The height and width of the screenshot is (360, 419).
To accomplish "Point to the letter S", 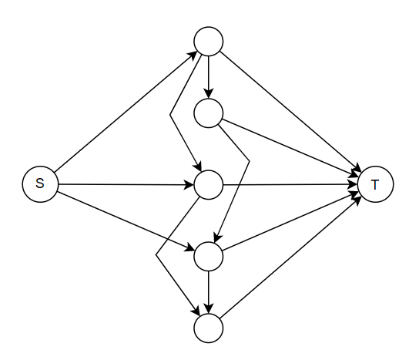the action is pos(40,183).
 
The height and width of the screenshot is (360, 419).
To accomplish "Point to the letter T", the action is pos(375,184).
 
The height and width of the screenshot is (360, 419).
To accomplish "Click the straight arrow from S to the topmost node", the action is pos(126,112).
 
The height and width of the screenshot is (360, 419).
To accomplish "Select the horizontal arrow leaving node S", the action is pos(126,184).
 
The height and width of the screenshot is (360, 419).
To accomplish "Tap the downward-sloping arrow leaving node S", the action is pos(126,221).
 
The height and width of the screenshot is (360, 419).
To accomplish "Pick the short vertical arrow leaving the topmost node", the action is pos(209,77).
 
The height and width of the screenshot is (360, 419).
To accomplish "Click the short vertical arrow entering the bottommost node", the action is pos(209,292).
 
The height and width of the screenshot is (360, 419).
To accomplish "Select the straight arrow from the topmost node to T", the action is pos(290,111).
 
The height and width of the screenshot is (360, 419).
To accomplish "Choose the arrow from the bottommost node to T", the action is pos(290,257).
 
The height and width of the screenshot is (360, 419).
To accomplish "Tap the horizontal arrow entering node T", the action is pos(290,184).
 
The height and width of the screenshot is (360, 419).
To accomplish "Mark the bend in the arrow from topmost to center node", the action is pos(170,115).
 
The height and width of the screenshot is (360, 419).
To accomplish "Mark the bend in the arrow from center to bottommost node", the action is pos(156,255).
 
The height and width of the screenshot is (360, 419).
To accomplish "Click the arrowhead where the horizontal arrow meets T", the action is pos(354,184).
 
